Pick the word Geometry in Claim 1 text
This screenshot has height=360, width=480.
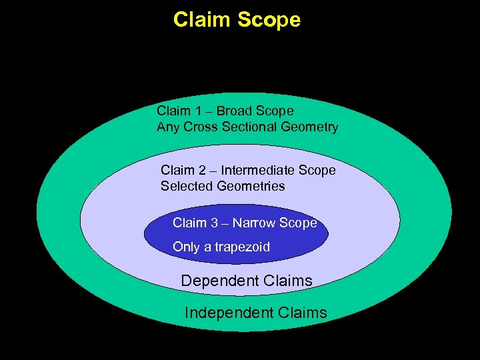tap(307, 127)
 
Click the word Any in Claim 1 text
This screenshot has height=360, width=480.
tap(167, 127)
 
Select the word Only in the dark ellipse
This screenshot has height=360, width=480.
tap(187, 247)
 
